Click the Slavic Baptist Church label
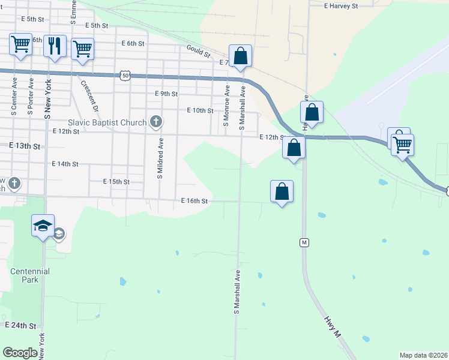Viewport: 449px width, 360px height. pyautogui.click(x=107, y=122)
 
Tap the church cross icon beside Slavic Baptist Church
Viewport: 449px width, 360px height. pyautogui.click(x=155, y=122)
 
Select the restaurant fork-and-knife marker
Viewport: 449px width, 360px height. pyautogui.click(x=55, y=46)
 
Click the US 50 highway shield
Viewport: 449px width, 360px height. pyautogui.click(x=125, y=75)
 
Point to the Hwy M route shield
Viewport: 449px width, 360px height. pyautogui.click(x=304, y=242)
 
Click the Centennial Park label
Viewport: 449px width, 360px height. pyautogui.click(x=29, y=275)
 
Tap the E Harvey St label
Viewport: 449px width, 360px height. pyautogui.click(x=340, y=5)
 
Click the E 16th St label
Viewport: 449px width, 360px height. pyautogui.click(x=194, y=202)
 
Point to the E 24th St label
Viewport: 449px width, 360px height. pyautogui.click(x=22, y=325)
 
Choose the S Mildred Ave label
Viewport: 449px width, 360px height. pyautogui.click(x=160, y=158)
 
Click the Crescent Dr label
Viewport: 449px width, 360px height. pyautogui.click(x=89, y=95)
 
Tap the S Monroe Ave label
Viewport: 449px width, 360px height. pyautogui.click(x=227, y=103)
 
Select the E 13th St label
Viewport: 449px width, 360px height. pyautogui.click(x=25, y=146)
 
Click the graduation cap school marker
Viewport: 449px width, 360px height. pyautogui.click(x=43, y=226)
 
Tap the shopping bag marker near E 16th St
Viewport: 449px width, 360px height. pyautogui.click(x=282, y=191)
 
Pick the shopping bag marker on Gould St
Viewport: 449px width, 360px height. pyautogui.click(x=240, y=56)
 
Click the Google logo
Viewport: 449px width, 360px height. pyautogui.click(x=20, y=353)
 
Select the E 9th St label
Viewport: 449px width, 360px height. pyautogui.click(x=166, y=94)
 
